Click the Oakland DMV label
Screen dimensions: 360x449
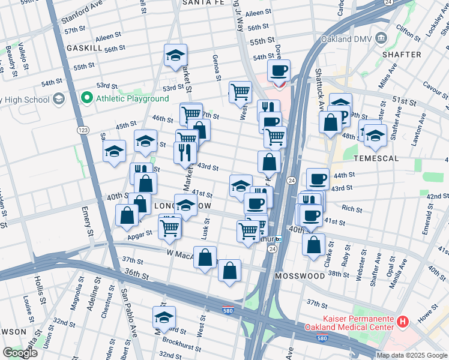tap(346, 39)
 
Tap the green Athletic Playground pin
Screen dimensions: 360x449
tap(87, 98)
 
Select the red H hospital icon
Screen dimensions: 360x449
tap(402, 322)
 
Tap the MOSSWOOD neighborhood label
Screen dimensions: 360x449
tap(300, 276)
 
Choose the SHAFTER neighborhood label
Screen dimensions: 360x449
tap(401, 55)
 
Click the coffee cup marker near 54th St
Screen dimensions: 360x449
tap(279, 71)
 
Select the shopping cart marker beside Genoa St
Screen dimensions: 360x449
tap(240, 92)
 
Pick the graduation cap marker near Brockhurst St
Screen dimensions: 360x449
tap(164, 317)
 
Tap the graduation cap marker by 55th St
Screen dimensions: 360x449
tap(175, 56)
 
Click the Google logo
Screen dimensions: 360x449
tap(20, 353)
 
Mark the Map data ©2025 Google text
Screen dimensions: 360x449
tap(411, 355)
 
